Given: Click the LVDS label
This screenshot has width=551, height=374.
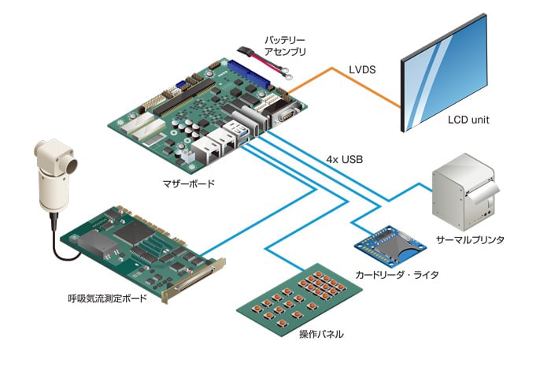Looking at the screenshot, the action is point(362,69).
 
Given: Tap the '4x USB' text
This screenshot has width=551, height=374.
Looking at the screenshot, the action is point(345,160).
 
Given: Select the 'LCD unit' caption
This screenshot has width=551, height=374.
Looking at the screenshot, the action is point(468,120).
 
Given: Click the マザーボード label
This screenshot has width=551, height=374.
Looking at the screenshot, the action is point(188,183).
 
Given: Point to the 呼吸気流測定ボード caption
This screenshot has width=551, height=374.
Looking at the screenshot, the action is point(107,298).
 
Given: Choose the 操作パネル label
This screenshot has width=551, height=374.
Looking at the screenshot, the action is point(321,334).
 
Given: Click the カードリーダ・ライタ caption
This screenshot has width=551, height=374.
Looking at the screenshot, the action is point(397,275).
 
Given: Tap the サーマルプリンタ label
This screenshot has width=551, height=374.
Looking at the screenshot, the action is point(470,239).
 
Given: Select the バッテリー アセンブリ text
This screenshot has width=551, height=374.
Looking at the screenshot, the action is point(285,46).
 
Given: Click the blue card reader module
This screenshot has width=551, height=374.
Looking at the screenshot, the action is point(390,245).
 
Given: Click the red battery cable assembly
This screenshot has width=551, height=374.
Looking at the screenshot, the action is point(264,62).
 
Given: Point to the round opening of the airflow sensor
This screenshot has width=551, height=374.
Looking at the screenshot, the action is point(72,165).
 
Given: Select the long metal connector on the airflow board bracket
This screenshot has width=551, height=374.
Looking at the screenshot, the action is point(194,280).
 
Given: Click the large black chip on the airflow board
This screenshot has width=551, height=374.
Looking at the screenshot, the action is point(135,232).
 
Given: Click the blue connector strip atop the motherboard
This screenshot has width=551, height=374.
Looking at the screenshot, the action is point(249,75).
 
